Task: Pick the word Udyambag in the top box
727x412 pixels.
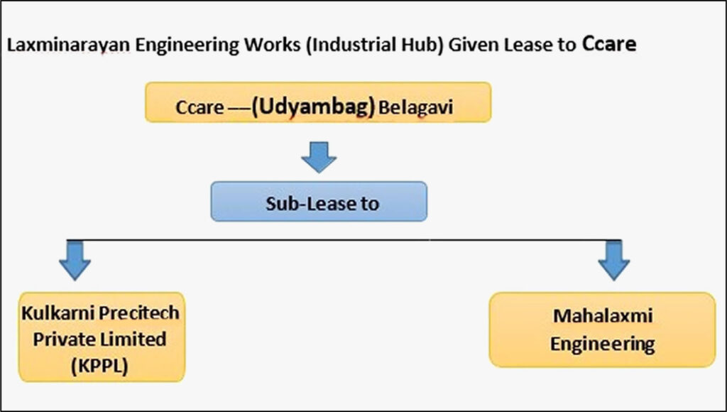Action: click(313, 108)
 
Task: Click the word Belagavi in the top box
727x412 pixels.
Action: click(415, 110)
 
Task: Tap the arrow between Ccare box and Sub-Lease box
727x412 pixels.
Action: click(319, 156)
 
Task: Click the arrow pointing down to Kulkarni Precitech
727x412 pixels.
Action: click(75, 260)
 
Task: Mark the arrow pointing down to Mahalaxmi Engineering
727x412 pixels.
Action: click(613, 260)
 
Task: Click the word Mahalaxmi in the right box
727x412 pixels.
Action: click(602, 318)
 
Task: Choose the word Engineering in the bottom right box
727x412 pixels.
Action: click(602, 345)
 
